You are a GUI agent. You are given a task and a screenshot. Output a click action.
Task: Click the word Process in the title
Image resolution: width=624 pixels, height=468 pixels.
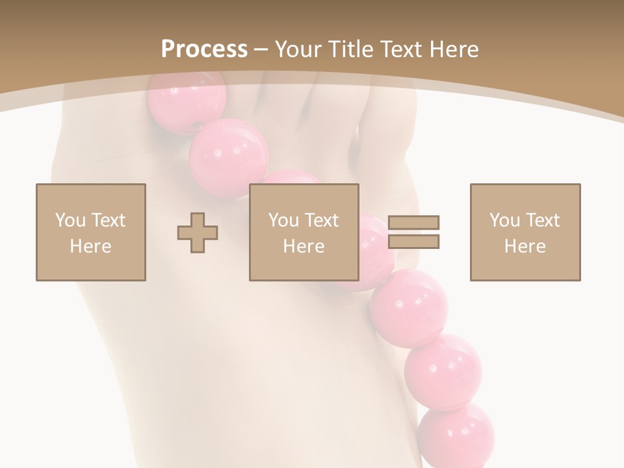pyautogui.click(x=204, y=49)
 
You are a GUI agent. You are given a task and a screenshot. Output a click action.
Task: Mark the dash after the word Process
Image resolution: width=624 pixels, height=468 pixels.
pyautogui.click(x=261, y=50)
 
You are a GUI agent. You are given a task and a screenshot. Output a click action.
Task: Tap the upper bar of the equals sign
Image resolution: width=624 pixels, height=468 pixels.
pyautogui.click(x=413, y=222)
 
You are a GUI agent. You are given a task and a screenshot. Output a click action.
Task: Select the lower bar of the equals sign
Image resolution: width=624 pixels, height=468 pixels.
pyautogui.click(x=413, y=242)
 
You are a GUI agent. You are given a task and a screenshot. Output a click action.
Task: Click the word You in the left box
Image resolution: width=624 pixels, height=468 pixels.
pyautogui.click(x=70, y=220)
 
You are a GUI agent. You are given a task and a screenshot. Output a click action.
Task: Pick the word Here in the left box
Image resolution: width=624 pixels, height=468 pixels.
pyautogui.click(x=90, y=246)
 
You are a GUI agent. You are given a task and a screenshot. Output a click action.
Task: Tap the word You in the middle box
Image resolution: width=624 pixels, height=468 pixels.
pyautogui.click(x=283, y=220)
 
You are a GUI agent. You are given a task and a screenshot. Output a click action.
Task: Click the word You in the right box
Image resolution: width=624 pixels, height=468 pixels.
pyautogui.click(x=504, y=220)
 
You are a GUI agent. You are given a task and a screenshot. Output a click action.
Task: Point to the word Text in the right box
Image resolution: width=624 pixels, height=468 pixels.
pyautogui.click(x=542, y=220)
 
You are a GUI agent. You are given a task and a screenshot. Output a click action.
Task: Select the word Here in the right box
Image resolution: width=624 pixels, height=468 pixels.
pyautogui.click(x=525, y=246)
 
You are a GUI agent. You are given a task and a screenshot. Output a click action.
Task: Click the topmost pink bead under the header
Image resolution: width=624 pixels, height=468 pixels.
pyautogui.click(x=187, y=104)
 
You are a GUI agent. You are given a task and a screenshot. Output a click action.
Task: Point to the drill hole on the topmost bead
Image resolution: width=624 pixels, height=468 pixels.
pyautogui.click(x=197, y=125)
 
